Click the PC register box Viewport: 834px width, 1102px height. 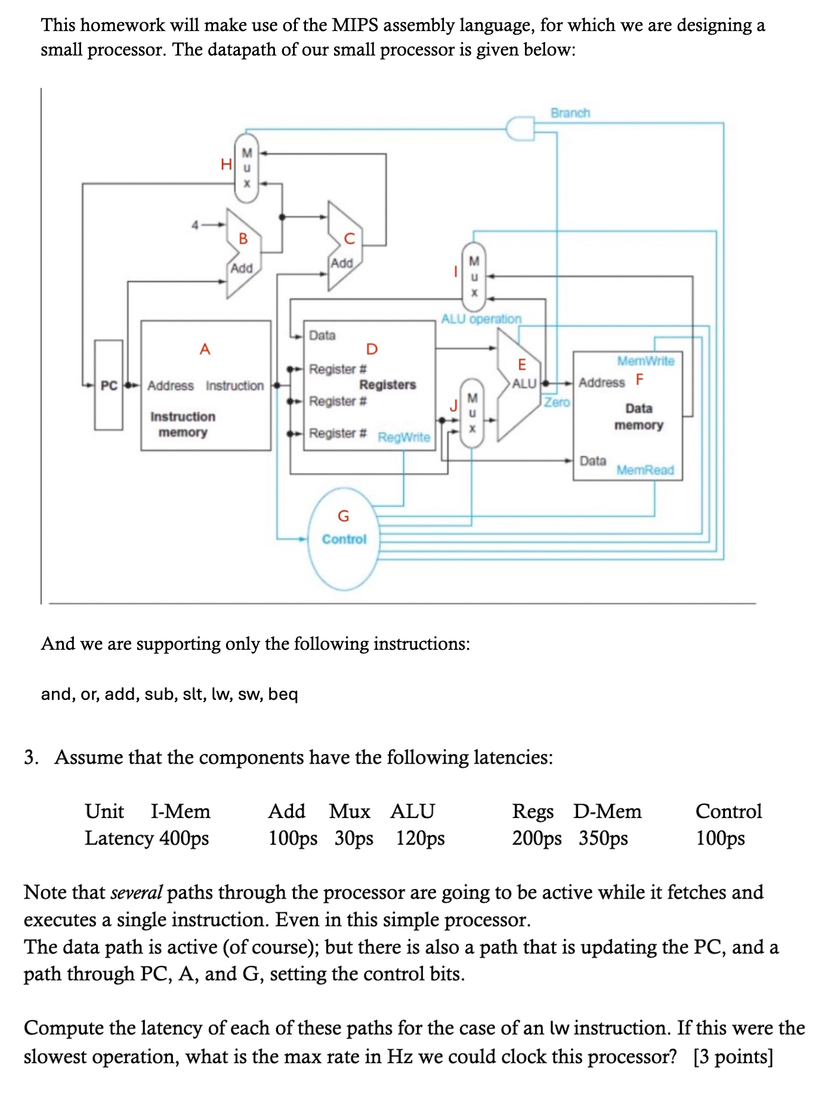[x=109, y=385]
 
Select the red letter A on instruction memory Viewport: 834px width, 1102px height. [x=205, y=349]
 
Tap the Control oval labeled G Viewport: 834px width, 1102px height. [x=344, y=539]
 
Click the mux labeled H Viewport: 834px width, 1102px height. [x=246, y=168]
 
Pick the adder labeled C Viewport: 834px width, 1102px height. [x=344, y=246]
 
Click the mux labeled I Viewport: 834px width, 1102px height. [x=474, y=277]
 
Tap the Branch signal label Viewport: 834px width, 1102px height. [x=570, y=113]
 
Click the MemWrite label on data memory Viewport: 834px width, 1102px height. [x=645, y=361]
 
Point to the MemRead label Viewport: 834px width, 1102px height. [x=645, y=470]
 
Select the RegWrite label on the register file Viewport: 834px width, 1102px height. [x=404, y=437]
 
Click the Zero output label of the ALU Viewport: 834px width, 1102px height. [x=557, y=402]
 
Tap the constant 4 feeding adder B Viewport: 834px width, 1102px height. [x=194, y=225]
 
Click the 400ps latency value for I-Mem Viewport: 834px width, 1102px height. [x=184, y=838]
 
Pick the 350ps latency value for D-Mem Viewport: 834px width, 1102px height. [x=603, y=838]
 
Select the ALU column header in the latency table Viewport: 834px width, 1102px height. [x=412, y=811]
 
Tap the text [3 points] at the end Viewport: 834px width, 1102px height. [x=733, y=1057]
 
